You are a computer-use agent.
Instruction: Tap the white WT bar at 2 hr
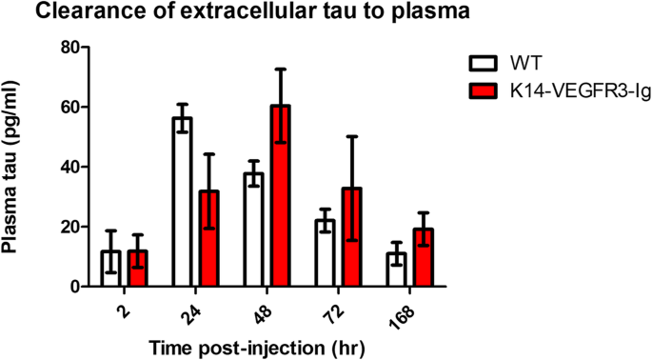coord(110,269)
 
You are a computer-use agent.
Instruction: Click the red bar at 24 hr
coord(208,238)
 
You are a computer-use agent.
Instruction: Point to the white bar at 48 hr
coord(253,230)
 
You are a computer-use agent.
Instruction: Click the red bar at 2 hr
coord(137,269)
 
